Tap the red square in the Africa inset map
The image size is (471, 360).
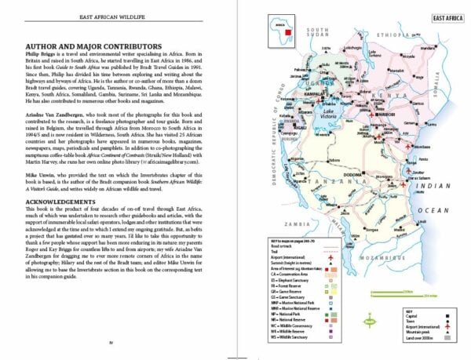(x=301, y=33)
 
